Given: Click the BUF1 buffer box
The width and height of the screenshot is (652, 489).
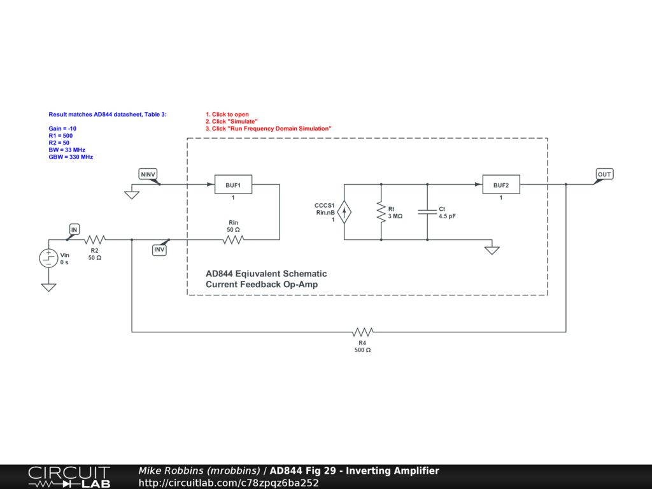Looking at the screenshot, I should [233, 185].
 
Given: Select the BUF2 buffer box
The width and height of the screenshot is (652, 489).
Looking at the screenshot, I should [500, 185].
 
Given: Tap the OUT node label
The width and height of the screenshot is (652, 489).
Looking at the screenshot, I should [604, 174].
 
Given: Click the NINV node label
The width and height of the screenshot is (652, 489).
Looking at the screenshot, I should [148, 174].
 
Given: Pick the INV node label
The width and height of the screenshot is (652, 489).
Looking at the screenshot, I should [159, 250].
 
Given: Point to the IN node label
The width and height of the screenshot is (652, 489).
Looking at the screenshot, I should [74, 229].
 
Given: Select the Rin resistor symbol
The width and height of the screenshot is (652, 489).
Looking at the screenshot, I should [233, 240].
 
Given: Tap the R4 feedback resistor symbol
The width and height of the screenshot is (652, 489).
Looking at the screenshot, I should [362, 332].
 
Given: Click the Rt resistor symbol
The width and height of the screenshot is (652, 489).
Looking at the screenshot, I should [381, 212].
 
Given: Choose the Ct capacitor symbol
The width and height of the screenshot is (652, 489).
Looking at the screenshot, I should [427, 212].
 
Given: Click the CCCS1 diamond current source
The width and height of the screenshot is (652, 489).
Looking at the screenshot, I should [344, 212].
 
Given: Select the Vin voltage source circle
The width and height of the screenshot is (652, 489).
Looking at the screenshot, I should [48, 258].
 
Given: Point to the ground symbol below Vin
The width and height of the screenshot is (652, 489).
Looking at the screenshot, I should [48, 287].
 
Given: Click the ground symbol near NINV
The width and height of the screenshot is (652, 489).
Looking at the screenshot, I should [132, 195].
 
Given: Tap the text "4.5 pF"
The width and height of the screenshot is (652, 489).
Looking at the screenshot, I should [447, 216].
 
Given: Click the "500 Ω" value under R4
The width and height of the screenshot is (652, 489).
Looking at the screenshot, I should [362, 350].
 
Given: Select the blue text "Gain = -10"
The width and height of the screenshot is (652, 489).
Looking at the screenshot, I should [62, 129].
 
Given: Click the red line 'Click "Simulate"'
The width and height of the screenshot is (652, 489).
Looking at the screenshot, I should [231, 122].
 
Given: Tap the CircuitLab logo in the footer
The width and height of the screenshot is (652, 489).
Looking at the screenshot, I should [68, 477].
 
